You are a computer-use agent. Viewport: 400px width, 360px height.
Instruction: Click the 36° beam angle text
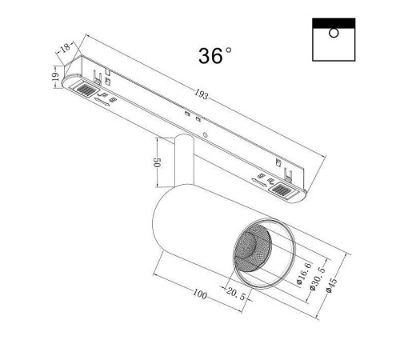(215, 56)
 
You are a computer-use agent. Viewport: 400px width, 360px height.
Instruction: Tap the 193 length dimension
(202, 96)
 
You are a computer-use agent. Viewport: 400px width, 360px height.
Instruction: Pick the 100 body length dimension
(199, 295)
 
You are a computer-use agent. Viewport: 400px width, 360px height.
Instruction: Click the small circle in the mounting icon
(333, 33)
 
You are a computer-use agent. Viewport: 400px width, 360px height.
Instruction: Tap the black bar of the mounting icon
(333, 22)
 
